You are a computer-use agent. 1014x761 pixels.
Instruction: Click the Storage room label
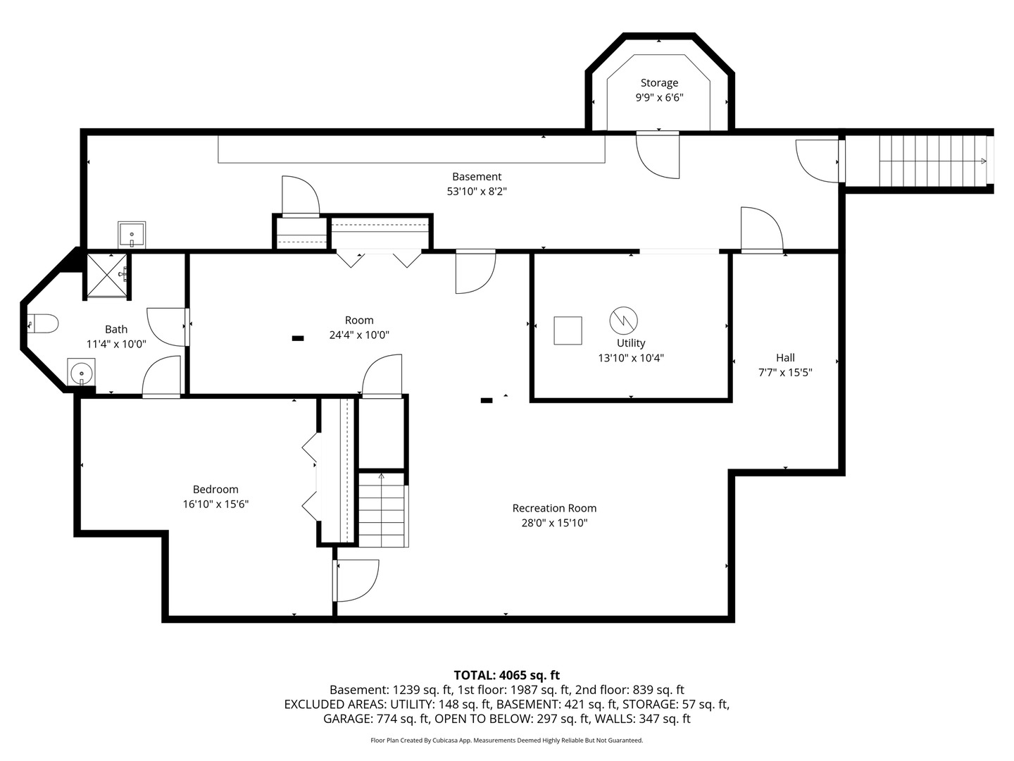pos(659,83)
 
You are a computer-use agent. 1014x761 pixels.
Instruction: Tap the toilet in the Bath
pos(42,323)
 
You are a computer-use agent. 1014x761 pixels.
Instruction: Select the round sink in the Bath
pos(81,371)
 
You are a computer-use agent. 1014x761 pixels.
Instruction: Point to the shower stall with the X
pos(107,276)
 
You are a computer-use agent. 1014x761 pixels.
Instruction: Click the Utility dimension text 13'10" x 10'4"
pos(630,358)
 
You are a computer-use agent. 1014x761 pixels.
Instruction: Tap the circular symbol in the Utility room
pos(624,320)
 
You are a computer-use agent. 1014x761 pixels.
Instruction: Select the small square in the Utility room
pos(568,330)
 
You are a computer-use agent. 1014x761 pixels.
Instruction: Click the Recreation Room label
pos(554,508)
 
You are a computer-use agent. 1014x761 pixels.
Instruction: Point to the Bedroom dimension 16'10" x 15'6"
pos(215,504)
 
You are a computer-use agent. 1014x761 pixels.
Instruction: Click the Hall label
pos(785,358)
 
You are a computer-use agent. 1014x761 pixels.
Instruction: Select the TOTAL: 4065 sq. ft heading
pos(507,676)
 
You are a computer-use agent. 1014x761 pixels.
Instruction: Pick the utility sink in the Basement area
pos(132,234)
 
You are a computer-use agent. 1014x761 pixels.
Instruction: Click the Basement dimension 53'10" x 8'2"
pos(477,191)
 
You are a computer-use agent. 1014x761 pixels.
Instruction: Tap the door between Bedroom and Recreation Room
pos(356,581)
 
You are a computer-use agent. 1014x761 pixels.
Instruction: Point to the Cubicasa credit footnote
pos(507,740)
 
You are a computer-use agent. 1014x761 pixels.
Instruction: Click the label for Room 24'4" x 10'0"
pos(359,320)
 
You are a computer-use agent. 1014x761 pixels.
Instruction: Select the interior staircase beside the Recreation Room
pos(383,509)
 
